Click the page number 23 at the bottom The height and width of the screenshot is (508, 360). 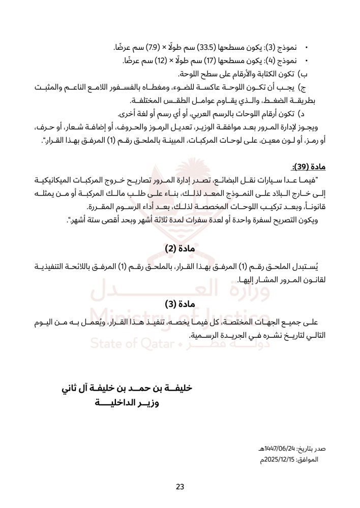[179, 487]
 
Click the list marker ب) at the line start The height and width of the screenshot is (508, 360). [309, 74]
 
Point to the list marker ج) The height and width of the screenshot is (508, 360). [309, 88]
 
